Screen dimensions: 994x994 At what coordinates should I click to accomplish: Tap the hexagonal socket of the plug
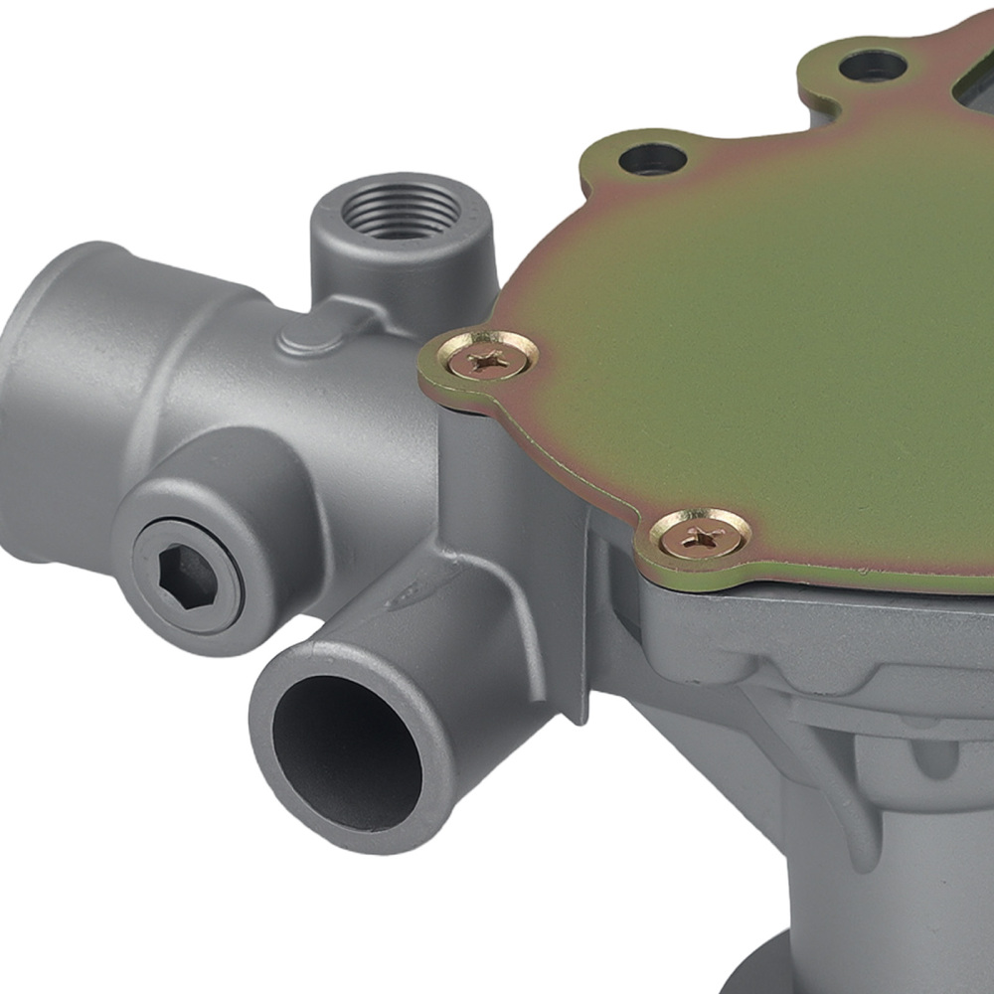tap(186, 578)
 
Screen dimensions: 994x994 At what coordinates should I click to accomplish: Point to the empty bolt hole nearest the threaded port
tap(652, 158)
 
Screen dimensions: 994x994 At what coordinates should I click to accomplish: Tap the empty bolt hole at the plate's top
tap(872, 67)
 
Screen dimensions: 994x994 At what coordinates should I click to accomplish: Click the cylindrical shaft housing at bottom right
tap(895, 895)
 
